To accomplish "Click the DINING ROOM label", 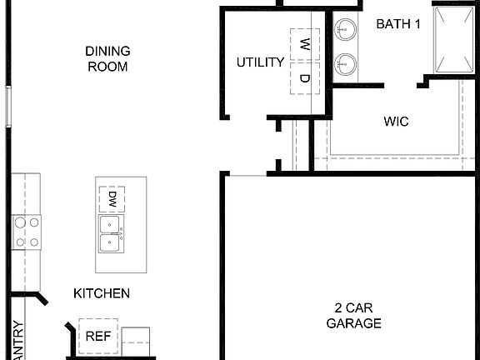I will (x=107, y=58).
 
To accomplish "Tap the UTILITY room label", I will (x=260, y=62).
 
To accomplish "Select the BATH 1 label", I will (x=397, y=24).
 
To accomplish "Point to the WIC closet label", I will (x=396, y=122).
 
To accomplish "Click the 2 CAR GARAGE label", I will (x=353, y=316).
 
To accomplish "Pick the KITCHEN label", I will (x=101, y=293).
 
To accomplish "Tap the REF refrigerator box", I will (x=98, y=337).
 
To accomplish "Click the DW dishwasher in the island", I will (x=112, y=199).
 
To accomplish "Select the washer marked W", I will (x=305, y=43).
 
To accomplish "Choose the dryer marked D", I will (x=305, y=78).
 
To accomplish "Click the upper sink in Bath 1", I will (x=346, y=31).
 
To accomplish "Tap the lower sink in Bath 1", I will (x=346, y=63).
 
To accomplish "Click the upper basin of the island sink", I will (x=110, y=224).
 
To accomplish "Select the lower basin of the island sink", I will (x=110, y=242).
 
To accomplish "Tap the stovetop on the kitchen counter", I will (x=26, y=232).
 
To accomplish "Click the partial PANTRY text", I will (x=19, y=340).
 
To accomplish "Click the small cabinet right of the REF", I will (x=136, y=340).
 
